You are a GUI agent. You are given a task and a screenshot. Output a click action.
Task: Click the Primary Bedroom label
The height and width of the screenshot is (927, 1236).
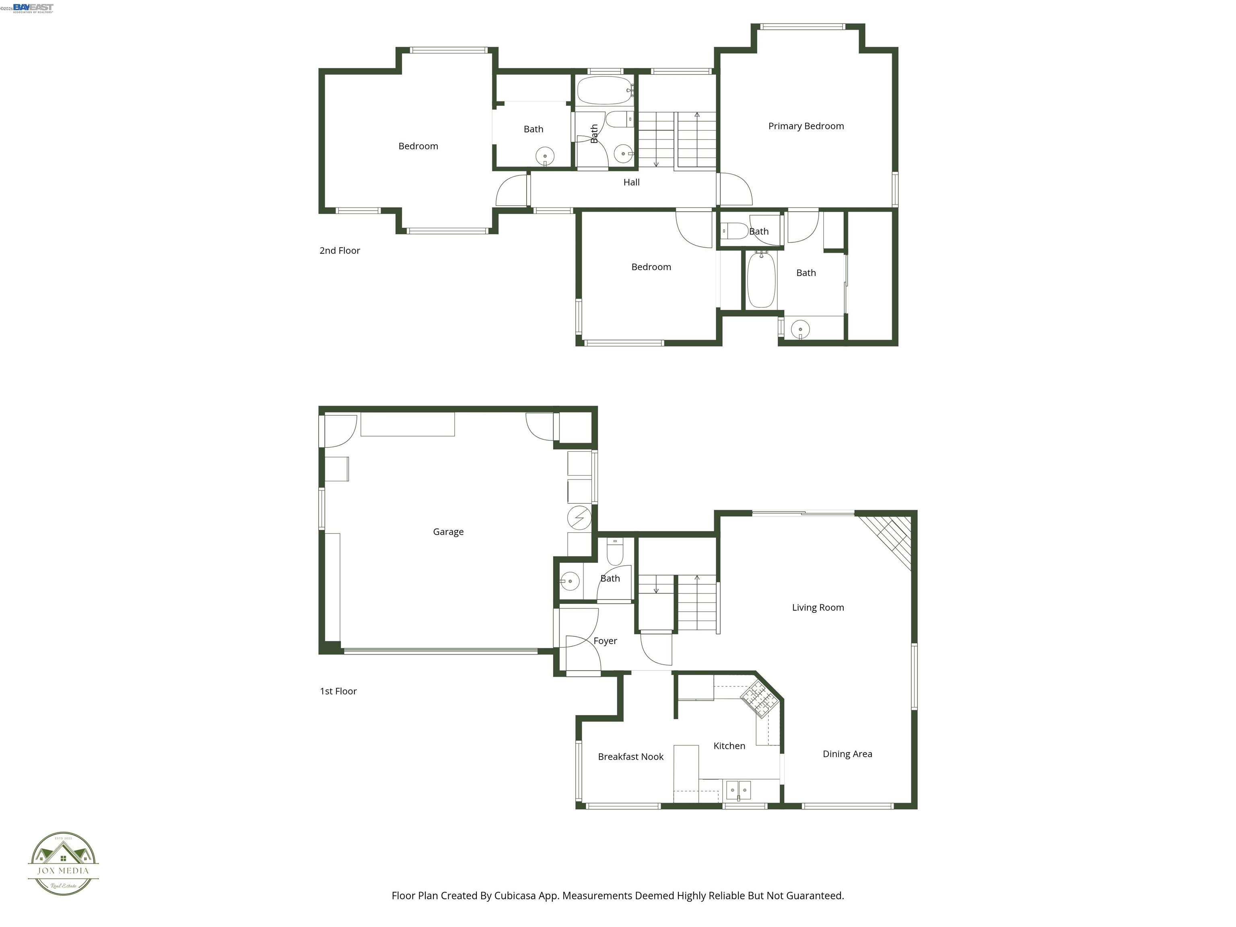806,126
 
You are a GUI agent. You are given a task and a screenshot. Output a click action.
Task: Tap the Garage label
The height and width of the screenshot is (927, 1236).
448,532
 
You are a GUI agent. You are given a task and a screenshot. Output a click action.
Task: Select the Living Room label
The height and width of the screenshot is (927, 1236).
818,608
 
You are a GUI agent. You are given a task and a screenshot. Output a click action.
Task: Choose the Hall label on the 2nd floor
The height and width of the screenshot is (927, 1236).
631,182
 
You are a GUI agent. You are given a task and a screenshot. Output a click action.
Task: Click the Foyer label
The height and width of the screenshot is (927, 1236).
605,641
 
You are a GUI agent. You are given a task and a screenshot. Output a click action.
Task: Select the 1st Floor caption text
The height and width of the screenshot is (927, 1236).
338,691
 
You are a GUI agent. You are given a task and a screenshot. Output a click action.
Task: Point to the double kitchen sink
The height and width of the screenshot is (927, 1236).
738,790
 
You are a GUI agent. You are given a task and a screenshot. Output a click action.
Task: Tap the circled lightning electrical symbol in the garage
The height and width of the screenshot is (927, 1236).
579,518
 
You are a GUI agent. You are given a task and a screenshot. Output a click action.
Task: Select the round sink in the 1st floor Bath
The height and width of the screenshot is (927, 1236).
569,581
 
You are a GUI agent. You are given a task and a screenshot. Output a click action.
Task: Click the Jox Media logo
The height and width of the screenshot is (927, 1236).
63,863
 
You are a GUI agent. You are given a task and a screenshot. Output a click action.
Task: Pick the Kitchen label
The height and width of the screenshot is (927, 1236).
729,746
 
